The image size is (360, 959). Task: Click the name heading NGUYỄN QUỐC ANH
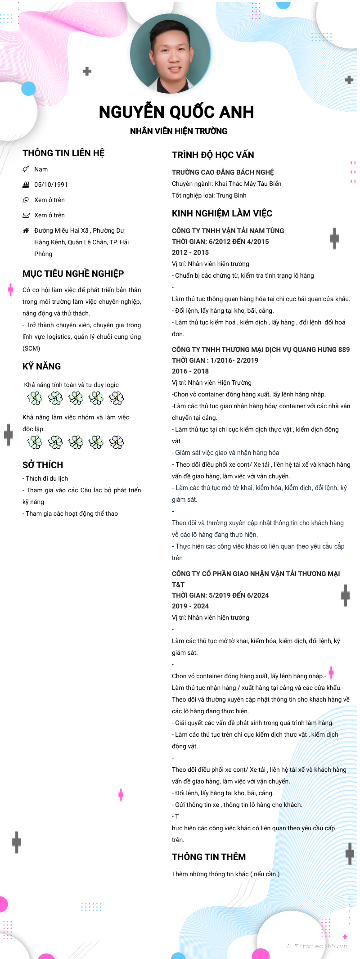(x=176, y=112)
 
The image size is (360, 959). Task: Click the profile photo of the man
(x=171, y=54)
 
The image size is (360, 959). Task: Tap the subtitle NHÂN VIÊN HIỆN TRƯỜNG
(x=179, y=131)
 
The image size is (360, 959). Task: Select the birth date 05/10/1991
(x=51, y=185)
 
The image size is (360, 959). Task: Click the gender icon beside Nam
(x=26, y=169)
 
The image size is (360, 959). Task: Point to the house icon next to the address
(x=26, y=230)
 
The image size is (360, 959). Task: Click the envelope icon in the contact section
(x=26, y=215)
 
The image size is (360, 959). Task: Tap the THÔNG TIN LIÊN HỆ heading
(x=63, y=153)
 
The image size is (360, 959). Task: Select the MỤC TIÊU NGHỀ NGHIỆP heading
(x=73, y=274)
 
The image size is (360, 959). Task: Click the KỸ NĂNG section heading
(x=41, y=366)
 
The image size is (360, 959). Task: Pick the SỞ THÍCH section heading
(x=43, y=465)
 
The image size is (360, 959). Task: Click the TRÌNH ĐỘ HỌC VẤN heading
(x=213, y=155)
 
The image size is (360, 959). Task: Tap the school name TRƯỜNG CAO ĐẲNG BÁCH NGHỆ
(x=223, y=172)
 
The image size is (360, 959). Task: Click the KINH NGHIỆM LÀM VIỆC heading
(x=222, y=213)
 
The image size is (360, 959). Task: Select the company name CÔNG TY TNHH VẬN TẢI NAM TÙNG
(x=228, y=230)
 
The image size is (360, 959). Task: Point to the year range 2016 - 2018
(x=190, y=371)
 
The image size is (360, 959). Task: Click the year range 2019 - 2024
(x=190, y=606)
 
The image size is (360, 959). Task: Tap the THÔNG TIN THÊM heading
(x=209, y=857)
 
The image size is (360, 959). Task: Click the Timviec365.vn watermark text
(x=320, y=946)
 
